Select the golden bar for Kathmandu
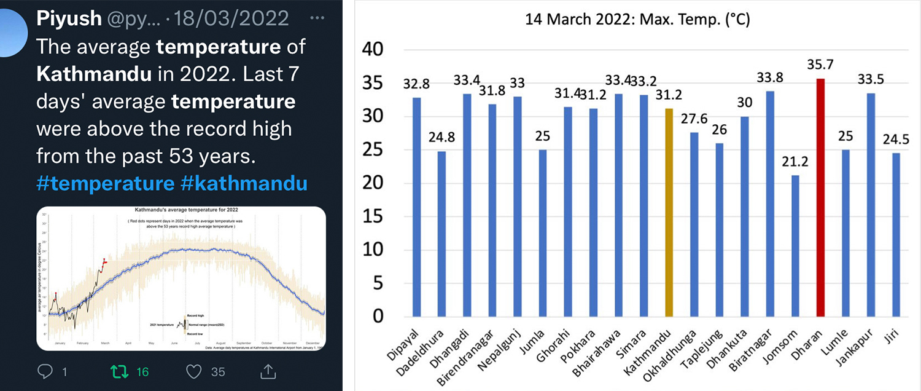669,212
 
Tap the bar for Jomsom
795,246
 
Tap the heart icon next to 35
194,371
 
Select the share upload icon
268,371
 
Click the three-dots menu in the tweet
317,18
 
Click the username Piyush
68,18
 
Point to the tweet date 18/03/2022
231,18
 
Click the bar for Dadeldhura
441,234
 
